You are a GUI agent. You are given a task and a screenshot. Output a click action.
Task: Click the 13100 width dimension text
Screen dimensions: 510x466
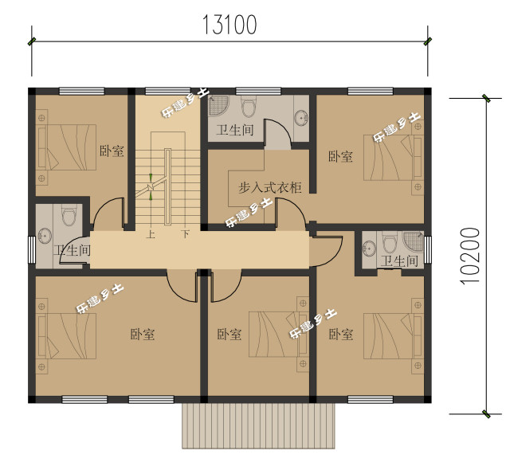(x=229, y=25)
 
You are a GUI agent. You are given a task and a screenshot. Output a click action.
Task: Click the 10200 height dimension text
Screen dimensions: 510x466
(x=470, y=256)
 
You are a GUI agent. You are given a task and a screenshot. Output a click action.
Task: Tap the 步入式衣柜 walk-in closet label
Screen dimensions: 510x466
(x=269, y=188)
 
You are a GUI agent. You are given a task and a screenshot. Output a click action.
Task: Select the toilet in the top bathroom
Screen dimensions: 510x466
(x=249, y=106)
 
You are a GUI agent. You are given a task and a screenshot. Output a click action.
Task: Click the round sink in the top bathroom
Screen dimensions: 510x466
(x=301, y=117)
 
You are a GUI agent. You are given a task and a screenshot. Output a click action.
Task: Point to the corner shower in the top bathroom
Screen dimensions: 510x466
(x=218, y=105)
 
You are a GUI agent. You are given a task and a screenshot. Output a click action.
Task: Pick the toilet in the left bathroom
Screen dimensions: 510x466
(x=69, y=214)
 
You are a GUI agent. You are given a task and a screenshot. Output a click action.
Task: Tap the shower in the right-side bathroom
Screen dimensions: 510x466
(x=414, y=241)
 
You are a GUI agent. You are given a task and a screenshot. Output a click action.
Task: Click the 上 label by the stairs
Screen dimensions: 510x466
(x=151, y=234)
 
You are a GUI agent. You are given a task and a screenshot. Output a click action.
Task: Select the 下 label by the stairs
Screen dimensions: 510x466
(x=186, y=234)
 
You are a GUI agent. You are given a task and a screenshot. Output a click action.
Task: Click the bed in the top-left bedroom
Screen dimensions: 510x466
(x=67, y=147)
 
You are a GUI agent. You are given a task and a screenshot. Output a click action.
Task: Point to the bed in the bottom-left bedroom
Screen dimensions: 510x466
(x=67, y=336)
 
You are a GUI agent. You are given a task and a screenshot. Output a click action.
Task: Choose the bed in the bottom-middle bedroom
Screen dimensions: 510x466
(x=278, y=335)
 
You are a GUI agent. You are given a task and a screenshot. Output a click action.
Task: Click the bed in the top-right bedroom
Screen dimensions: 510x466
(x=393, y=158)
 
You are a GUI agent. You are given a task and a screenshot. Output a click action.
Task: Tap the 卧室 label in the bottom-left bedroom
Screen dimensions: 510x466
(x=143, y=335)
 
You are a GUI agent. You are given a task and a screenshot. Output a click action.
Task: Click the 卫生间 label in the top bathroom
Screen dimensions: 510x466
(x=235, y=130)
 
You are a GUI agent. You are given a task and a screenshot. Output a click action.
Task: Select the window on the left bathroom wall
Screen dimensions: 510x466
(x=32, y=250)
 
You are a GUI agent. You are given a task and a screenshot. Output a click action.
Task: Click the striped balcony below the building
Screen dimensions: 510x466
(x=258, y=426)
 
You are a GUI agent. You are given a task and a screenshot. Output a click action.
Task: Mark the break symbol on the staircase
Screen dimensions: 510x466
(x=151, y=187)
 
